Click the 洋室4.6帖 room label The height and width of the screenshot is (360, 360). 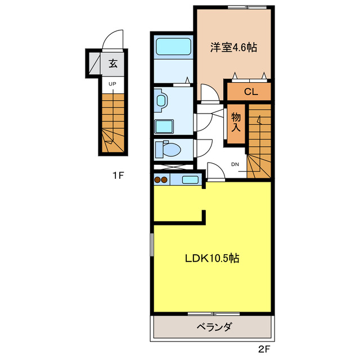point(233,48)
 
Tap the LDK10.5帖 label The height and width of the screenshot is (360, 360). point(213,259)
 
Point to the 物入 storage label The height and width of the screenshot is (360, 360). point(236,121)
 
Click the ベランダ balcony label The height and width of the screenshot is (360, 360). point(214,327)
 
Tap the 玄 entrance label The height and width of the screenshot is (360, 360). point(113,64)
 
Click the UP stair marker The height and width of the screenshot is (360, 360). point(112,84)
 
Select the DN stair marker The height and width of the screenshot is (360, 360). point(235,164)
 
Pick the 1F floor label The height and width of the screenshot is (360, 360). point(117,175)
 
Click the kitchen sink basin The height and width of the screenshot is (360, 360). point(191,180)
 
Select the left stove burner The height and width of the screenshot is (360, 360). point(158,180)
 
